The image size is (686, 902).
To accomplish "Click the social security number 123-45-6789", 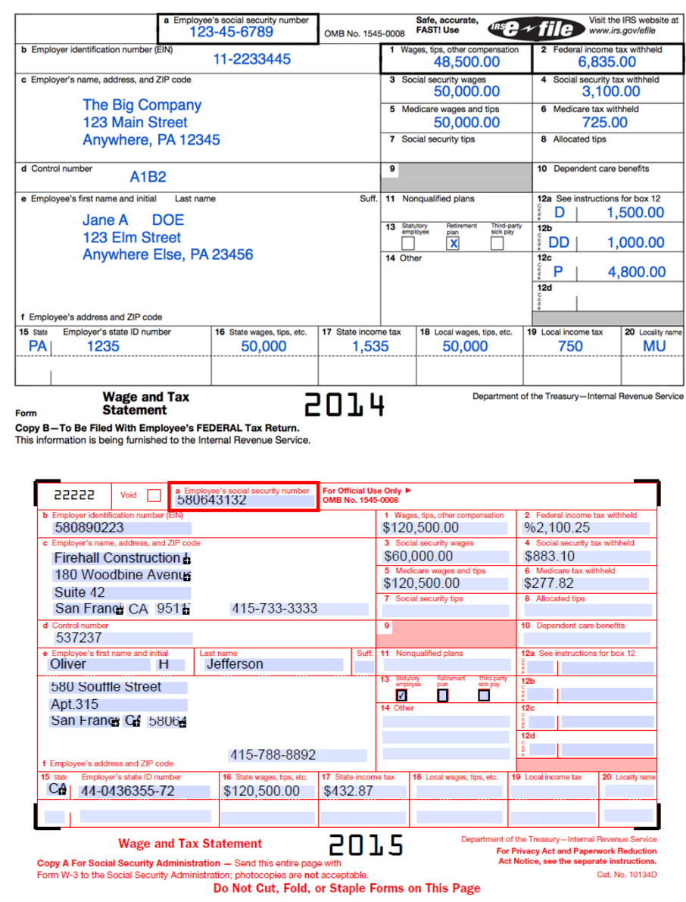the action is pos(230,32).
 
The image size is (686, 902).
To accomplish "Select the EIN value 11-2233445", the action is pos(251,59).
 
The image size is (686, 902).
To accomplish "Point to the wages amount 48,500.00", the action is pos(466,62).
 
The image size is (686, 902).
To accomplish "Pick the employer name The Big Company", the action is pos(142,105).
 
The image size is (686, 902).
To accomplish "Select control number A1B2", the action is pos(148,177).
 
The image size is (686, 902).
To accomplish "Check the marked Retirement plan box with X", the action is pos(453,243).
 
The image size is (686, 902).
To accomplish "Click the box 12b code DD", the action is pos(559,242).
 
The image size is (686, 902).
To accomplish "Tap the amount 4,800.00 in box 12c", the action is pos(636,272).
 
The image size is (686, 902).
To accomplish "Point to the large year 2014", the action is pos(345,406).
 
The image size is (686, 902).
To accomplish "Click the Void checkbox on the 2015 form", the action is pos(154,495).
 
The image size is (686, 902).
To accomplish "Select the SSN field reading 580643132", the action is pos(211,501).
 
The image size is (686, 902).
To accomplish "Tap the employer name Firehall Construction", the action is pos(117,558).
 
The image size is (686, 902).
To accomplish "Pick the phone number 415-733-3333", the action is pos(274,608).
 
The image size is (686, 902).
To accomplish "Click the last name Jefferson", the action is pos(235,664).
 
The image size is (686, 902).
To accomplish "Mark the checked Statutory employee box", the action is pos(401,694).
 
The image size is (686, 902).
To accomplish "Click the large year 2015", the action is pos(366,844).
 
